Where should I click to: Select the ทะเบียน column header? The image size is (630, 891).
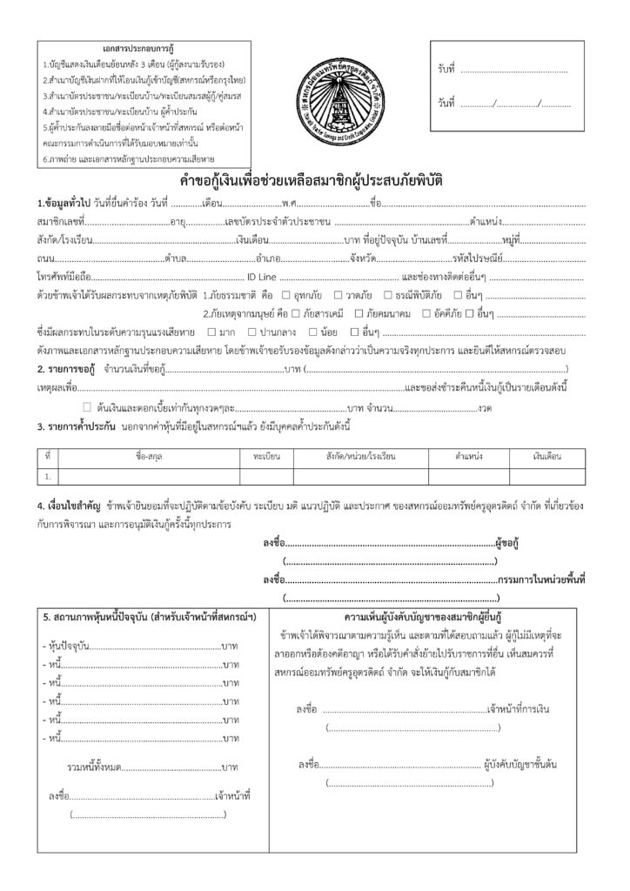tap(266, 455)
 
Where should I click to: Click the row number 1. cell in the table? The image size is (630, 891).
tap(47, 476)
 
